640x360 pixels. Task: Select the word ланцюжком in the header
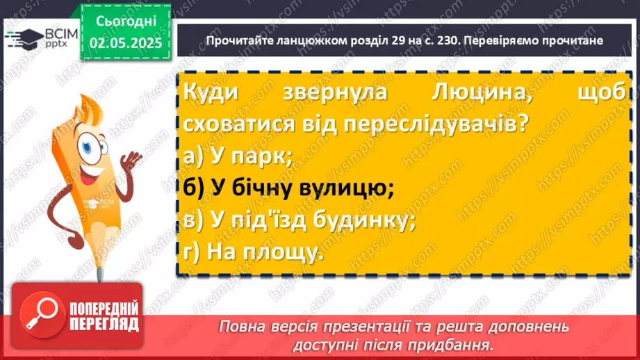click(302, 40)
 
